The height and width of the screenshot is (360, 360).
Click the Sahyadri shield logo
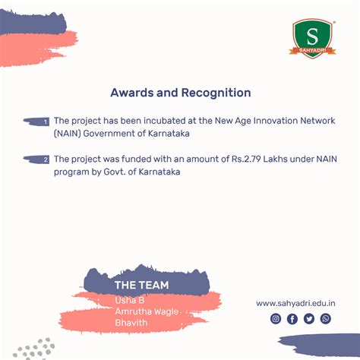[x=313, y=39]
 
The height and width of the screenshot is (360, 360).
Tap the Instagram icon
[x=276, y=318]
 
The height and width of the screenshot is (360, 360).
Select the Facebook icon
[x=292, y=319]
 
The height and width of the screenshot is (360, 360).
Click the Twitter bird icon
[x=309, y=319]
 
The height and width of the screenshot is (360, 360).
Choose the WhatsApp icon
[x=326, y=318]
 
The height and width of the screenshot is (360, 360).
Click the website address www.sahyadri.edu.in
[x=295, y=303]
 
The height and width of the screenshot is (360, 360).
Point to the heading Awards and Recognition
[x=181, y=93]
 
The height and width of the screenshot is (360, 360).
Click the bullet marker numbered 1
[x=36, y=122]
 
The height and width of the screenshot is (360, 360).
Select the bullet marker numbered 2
[x=36, y=159]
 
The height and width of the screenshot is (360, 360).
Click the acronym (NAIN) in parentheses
[x=68, y=134]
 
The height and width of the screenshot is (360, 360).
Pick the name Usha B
[x=130, y=300]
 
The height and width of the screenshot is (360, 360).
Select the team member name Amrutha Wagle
[x=147, y=311]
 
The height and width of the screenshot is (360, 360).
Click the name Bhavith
[x=131, y=323]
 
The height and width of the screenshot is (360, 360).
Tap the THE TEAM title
[x=142, y=285]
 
